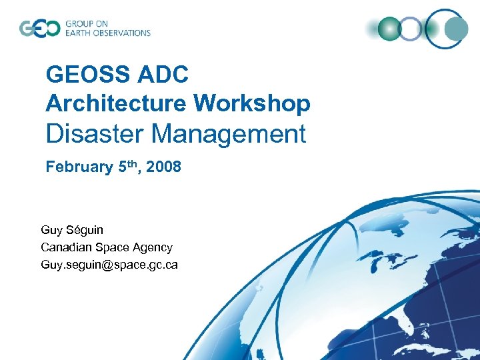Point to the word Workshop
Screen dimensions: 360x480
point(252,103)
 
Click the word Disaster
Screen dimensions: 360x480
point(95,134)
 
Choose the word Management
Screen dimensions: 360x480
point(229,134)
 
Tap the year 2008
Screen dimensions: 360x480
point(163,167)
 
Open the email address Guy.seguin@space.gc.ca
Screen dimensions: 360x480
point(109,265)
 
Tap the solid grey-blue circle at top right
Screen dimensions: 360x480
point(457,29)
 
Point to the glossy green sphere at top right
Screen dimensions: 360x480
point(389,29)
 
